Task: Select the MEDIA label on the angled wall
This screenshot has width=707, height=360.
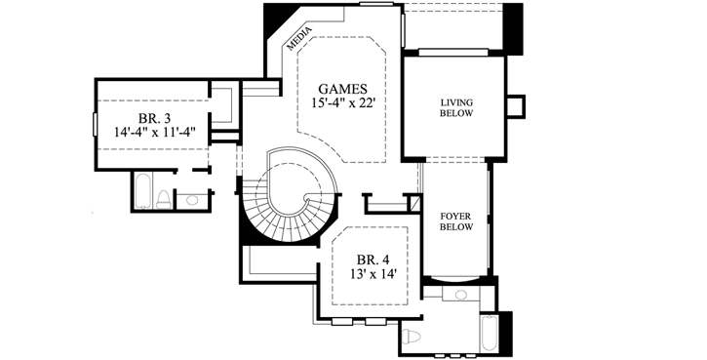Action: [299, 40]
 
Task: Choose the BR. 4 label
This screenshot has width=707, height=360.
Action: [373, 260]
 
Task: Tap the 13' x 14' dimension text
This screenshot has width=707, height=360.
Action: [373, 275]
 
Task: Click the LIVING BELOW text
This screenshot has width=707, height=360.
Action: [455, 107]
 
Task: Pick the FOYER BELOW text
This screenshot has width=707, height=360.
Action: [455, 220]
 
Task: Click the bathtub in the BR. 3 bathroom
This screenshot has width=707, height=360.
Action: [142, 192]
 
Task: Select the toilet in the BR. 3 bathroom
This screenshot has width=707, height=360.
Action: [165, 199]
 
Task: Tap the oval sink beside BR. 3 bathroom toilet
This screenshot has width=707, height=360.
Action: [192, 200]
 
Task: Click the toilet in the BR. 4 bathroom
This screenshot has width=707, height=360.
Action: [412, 338]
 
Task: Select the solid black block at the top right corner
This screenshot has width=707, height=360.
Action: [513, 26]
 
